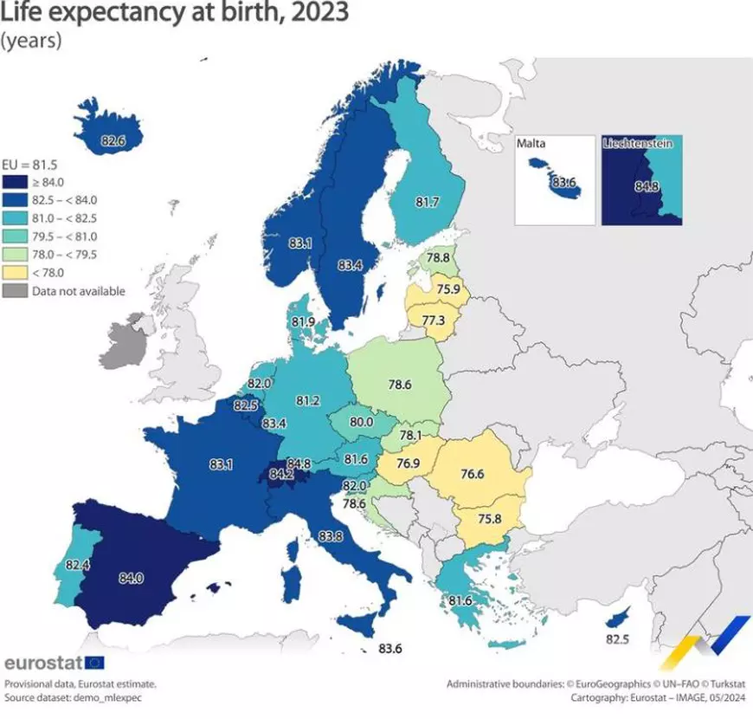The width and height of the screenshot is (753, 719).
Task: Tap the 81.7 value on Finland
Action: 428,202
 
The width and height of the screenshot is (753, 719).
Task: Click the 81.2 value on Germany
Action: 308,401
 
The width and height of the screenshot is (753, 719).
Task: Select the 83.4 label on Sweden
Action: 351,264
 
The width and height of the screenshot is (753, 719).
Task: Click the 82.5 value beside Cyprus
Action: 618,640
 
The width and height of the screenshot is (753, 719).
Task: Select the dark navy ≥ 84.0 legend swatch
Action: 15,182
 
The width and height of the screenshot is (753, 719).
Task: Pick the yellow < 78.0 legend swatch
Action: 15,273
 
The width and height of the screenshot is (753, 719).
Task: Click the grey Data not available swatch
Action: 15,291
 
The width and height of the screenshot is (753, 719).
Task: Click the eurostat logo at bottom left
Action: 54,663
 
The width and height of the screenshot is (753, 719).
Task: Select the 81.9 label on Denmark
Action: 303,321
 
